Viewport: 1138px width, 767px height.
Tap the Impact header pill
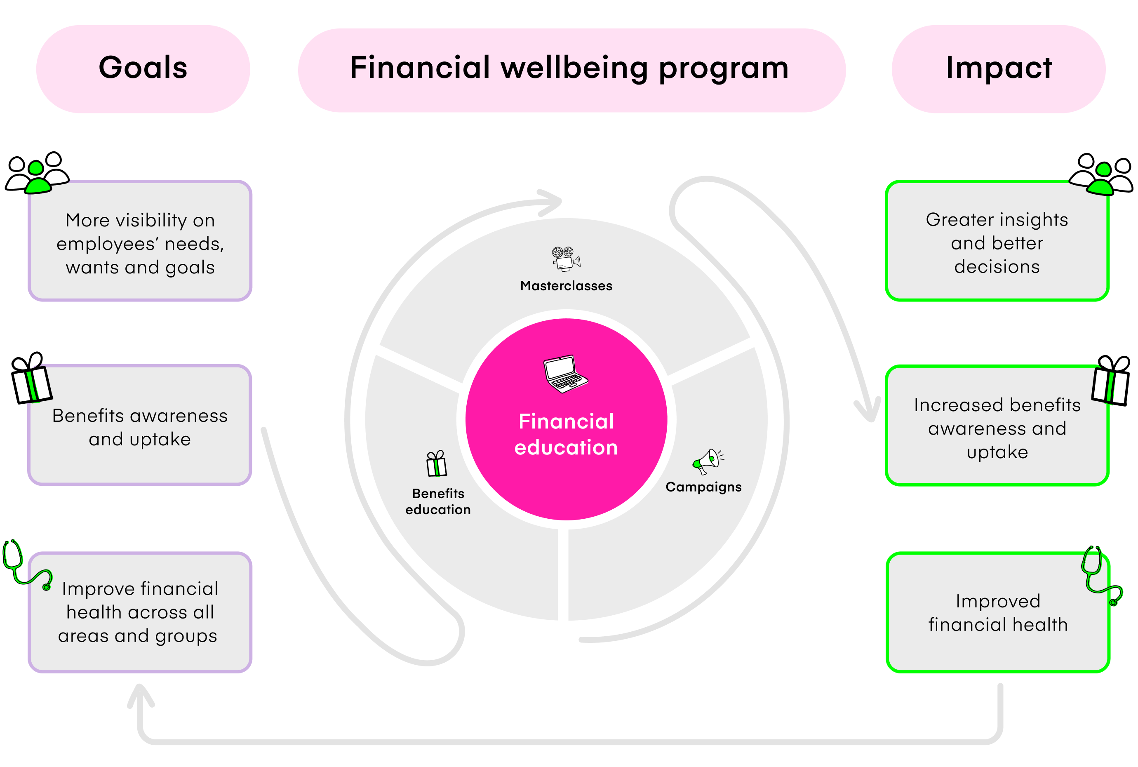[998, 68]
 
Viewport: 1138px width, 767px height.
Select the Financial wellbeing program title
[569, 68]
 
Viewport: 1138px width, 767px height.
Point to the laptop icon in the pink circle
[565, 374]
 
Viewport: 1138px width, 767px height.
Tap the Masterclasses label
[566, 286]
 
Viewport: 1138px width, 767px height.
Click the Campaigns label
[703, 487]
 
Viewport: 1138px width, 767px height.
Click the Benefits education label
[438, 501]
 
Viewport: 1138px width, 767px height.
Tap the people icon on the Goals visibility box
[37, 173]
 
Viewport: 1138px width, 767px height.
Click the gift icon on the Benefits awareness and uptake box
[31, 379]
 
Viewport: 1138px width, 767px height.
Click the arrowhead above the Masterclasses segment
[550, 202]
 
